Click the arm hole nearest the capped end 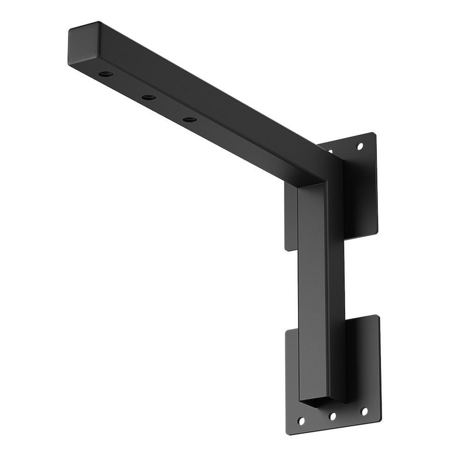coord(105,74)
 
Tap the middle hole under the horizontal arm coord(148,97)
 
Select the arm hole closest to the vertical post coord(189,119)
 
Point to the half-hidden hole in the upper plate coord(330,152)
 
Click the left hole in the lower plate coord(301,421)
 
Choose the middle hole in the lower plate coord(332,415)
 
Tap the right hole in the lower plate coord(364,411)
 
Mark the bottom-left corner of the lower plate coord(288,433)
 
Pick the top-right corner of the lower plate coord(378,316)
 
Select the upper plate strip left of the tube coord(291,216)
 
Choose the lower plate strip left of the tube coord(292,369)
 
